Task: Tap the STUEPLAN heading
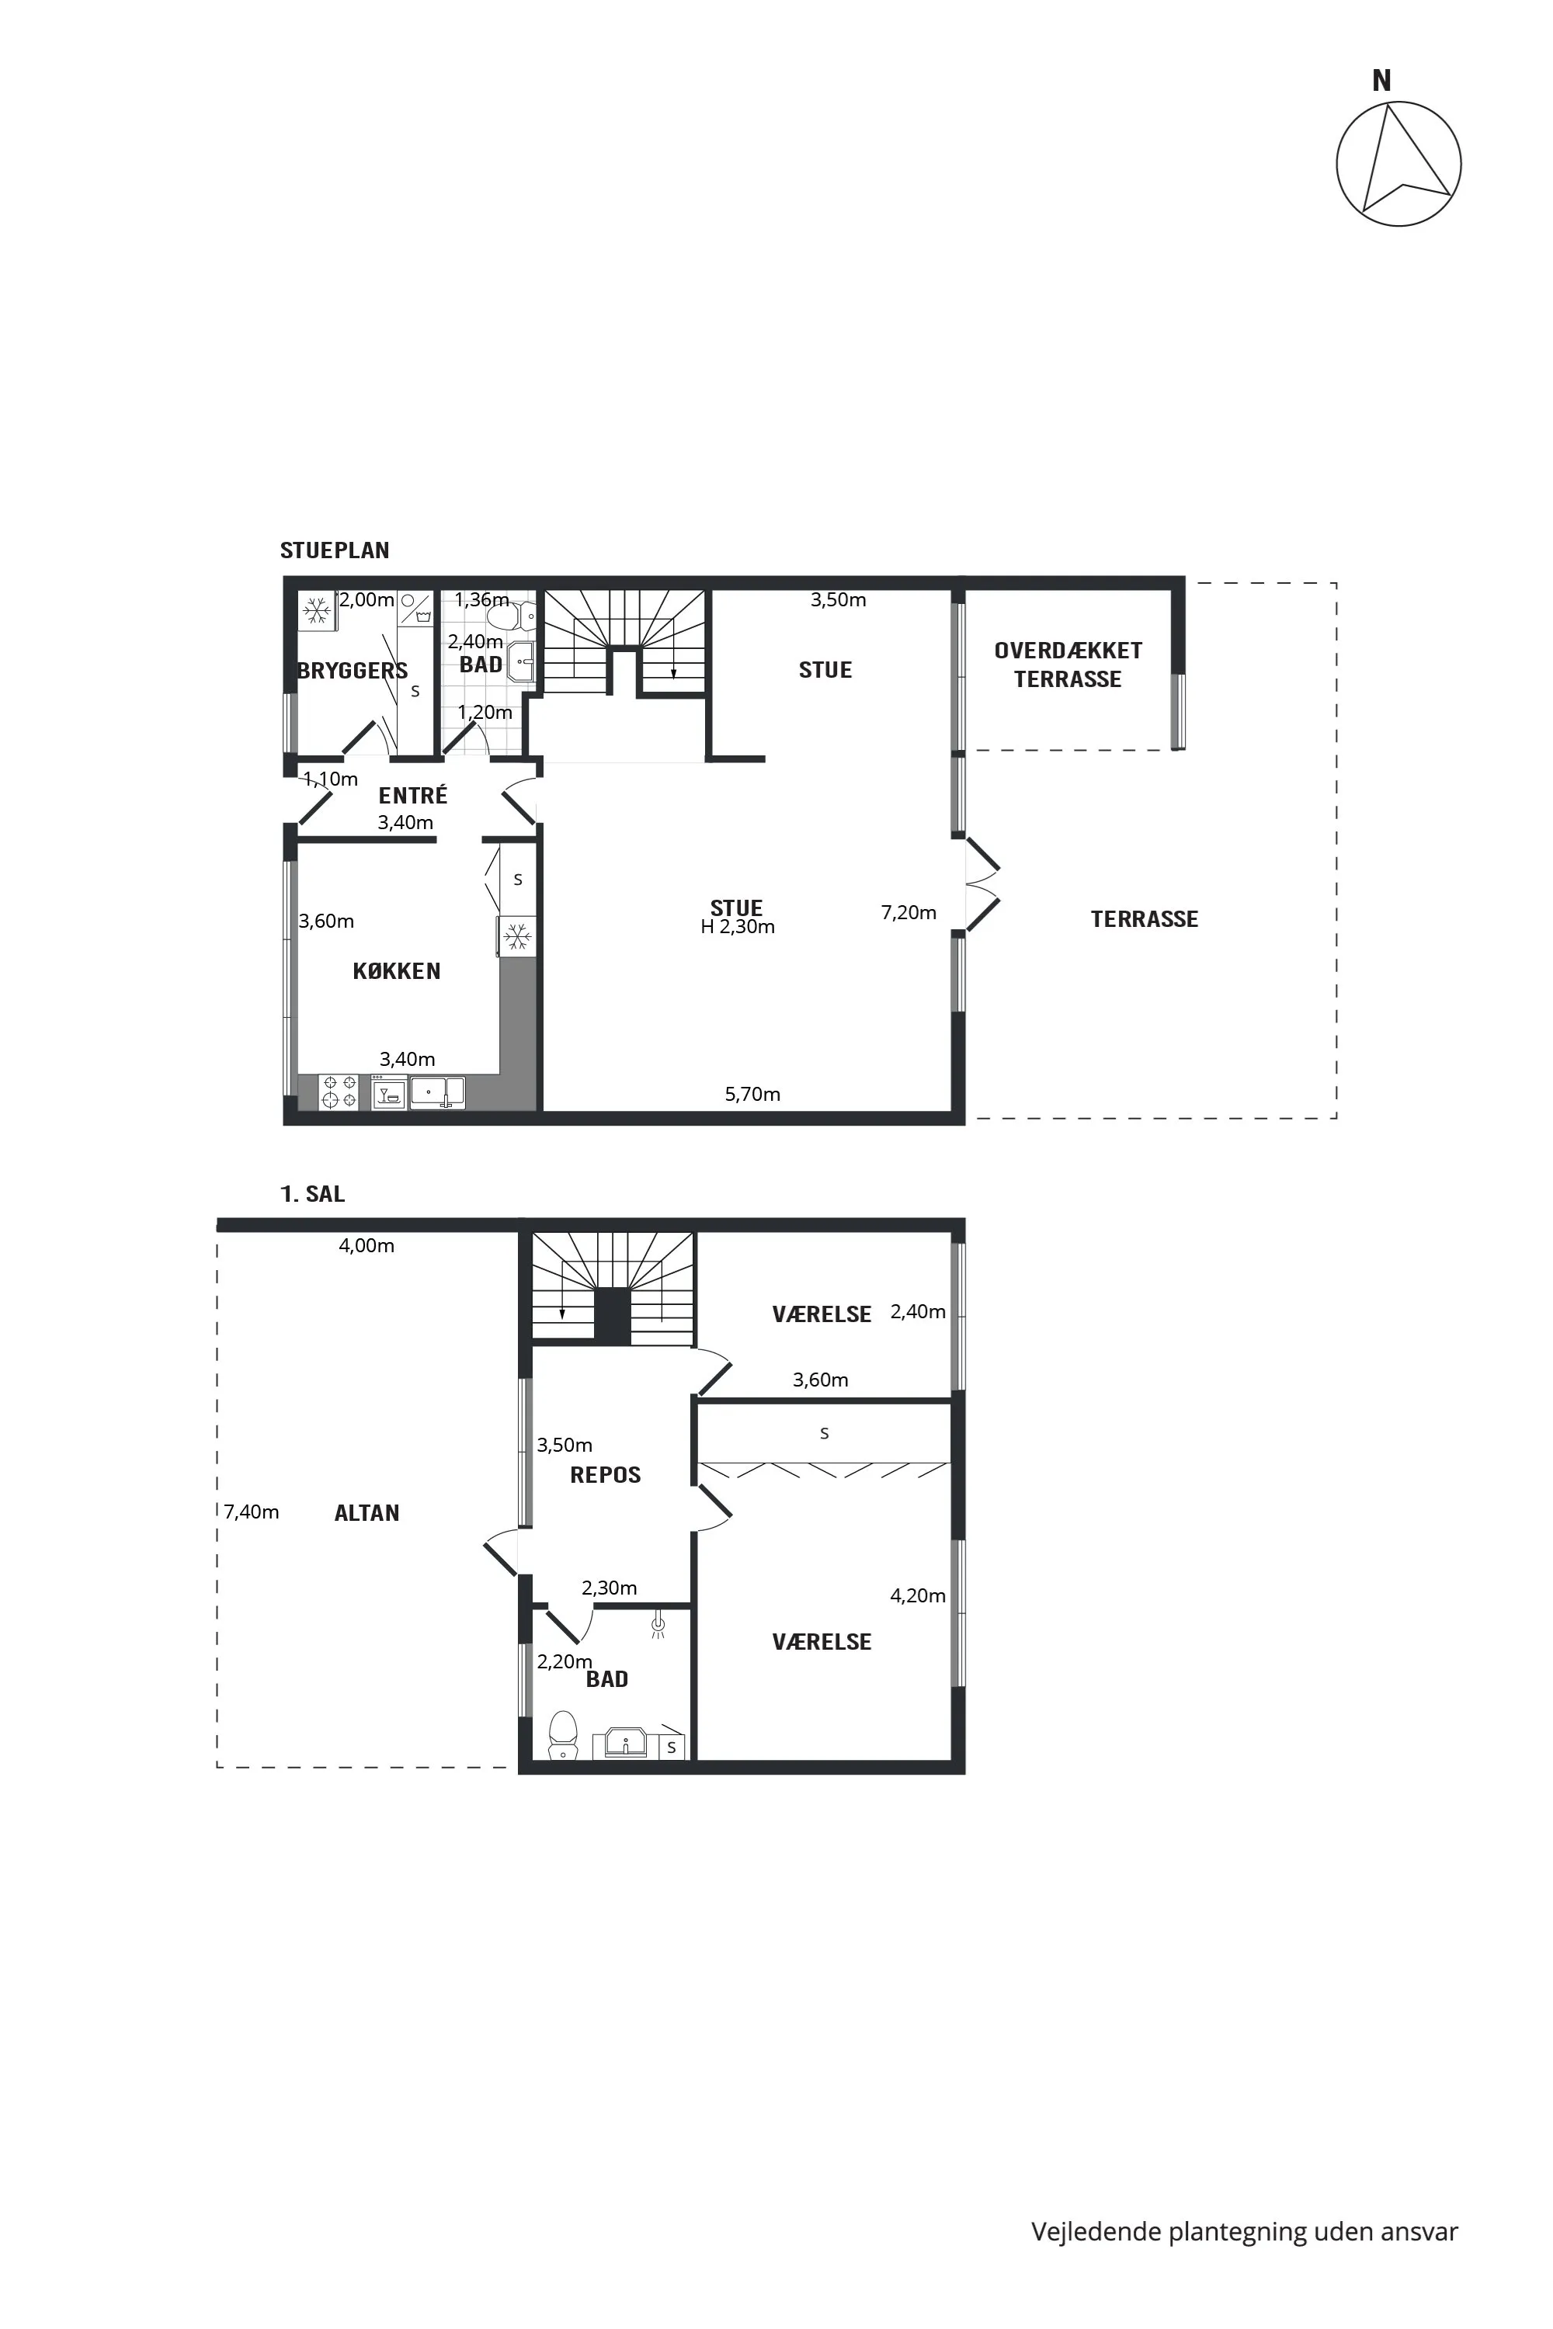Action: (335, 550)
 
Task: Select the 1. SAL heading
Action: (313, 1194)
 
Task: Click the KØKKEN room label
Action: (397, 971)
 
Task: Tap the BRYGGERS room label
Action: (353, 671)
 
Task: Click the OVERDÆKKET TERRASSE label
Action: (1068, 665)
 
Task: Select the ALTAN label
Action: (367, 1512)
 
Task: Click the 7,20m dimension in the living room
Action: (909, 912)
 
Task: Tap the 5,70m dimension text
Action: (752, 1093)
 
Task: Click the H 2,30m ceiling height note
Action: (738, 927)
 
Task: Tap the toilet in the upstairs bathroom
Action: (562, 1734)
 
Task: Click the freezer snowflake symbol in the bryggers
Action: (317, 611)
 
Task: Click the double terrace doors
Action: (981, 885)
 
